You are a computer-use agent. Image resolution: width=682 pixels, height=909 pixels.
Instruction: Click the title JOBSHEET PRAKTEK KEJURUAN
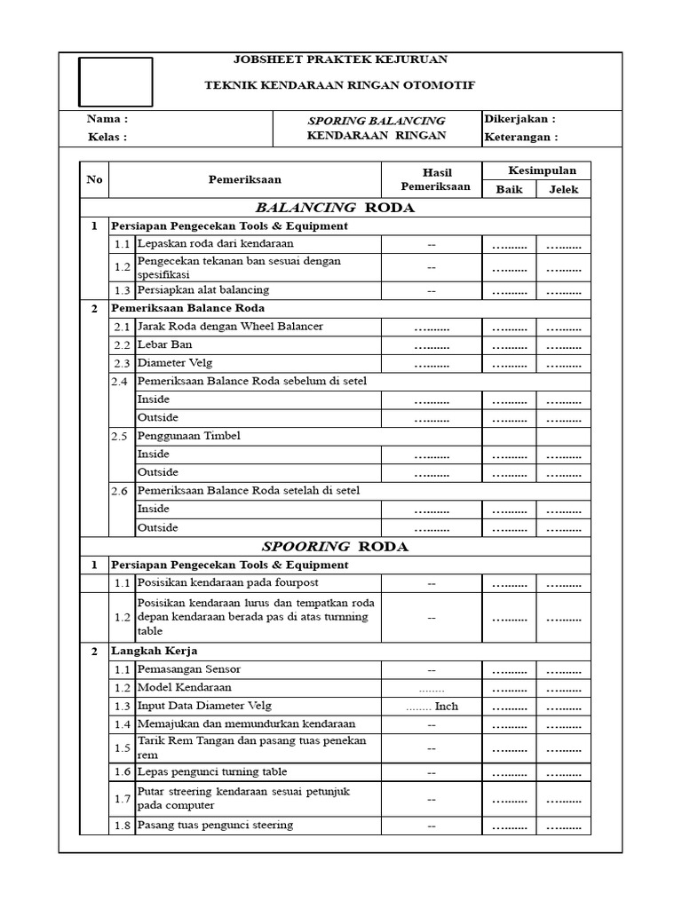click(340, 59)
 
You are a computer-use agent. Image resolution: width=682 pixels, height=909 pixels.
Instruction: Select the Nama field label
click(107, 119)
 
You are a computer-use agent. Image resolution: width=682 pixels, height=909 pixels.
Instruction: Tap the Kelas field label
click(107, 138)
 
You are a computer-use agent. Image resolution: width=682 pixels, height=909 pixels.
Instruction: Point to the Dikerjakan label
click(520, 119)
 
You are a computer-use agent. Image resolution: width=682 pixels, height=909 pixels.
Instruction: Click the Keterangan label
click(521, 138)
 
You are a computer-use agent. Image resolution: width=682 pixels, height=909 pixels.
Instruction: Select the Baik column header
click(510, 189)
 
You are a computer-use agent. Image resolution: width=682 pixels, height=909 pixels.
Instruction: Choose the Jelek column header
click(563, 189)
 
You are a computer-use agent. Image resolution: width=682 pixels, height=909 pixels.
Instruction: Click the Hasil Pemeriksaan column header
click(431, 179)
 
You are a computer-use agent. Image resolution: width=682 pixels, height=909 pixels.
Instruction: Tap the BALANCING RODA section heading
click(335, 208)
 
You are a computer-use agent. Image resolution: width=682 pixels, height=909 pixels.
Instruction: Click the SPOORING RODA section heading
click(335, 547)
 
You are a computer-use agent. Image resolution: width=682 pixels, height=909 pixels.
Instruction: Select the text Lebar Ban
click(164, 344)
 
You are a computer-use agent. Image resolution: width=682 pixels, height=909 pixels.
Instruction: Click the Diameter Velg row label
click(175, 363)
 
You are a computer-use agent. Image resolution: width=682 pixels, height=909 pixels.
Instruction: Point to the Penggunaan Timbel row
click(188, 436)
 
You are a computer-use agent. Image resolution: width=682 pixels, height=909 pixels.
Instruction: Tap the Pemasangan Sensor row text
click(189, 669)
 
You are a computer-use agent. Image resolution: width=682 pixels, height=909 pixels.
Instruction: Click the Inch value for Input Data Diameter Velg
click(432, 707)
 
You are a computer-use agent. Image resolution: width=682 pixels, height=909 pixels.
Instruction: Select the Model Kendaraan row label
click(184, 688)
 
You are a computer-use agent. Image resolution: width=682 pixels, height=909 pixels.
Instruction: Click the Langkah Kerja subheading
click(147, 651)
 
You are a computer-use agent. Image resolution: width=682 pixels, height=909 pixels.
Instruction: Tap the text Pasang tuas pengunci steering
click(215, 826)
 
